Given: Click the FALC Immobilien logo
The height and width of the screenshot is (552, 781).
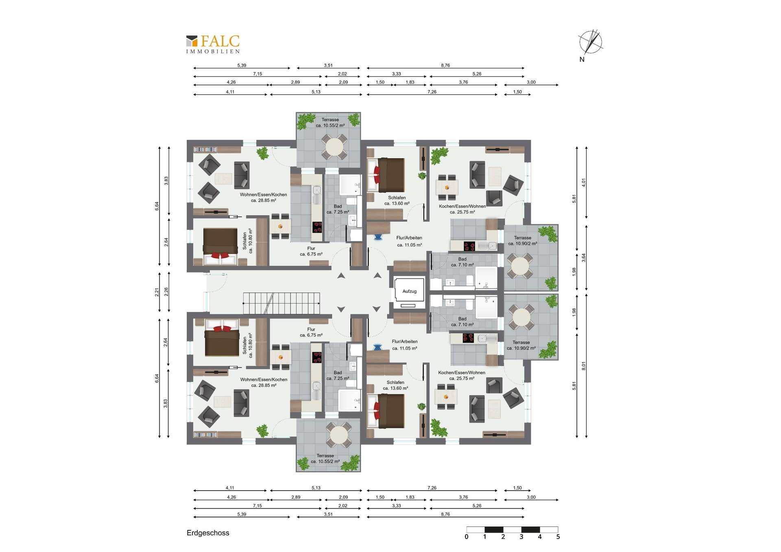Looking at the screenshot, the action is [x=213, y=44].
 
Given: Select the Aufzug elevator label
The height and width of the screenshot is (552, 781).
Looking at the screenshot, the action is [x=409, y=291].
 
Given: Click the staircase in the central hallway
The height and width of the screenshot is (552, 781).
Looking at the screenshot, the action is [x=281, y=303].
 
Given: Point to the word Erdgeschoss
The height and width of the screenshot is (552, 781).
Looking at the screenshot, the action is [x=208, y=533].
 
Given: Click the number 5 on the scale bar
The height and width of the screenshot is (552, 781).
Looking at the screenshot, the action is [x=558, y=537].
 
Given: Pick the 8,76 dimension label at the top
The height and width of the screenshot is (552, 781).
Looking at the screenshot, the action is [x=445, y=65].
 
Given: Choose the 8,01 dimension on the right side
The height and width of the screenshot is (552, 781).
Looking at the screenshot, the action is [x=584, y=366].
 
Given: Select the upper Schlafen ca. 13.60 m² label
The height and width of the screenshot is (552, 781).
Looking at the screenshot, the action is [x=397, y=201].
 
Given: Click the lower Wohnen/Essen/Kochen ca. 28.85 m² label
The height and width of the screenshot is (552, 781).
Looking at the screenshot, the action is [x=264, y=382].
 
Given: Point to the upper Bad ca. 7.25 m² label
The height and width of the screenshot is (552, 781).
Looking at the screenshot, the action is [x=338, y=209].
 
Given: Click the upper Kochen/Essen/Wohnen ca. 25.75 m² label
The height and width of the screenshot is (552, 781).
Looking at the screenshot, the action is [x=462, y=209].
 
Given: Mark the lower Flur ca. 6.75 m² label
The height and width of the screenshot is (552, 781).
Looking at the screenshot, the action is [x=311, y=332].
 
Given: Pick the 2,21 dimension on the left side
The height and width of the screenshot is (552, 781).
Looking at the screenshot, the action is [x=157, y=292].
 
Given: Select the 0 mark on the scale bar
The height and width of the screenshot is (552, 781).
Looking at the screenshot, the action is [x=467, y=537].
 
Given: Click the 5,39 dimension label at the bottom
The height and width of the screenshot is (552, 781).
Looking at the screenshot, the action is [x=242, y=514].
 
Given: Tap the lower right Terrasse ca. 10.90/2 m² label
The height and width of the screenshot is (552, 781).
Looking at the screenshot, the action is [x=521, y=345].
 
